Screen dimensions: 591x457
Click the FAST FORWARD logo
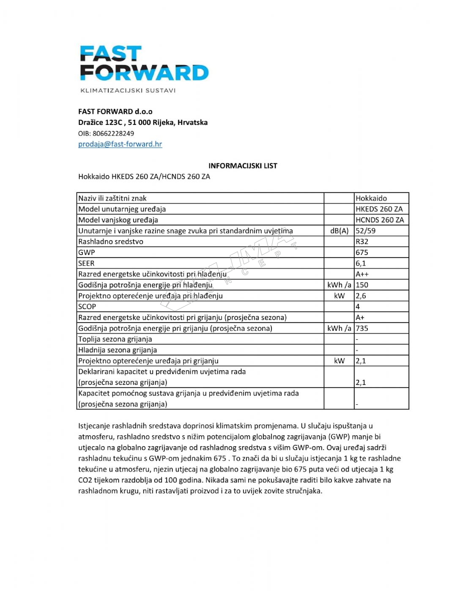[144, 63]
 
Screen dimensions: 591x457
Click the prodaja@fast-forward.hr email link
[120, 144]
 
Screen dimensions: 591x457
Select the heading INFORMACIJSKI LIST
[243, 166]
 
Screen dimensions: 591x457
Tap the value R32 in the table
[362, 242]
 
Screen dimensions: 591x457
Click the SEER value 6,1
[361, 263]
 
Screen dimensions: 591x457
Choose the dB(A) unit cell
[339, 231]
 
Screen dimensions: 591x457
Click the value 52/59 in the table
[366, 231]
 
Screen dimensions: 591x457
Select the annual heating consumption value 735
[362, 328]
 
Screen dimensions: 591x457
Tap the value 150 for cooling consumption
[362, 285]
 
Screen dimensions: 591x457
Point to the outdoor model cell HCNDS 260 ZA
[380, 220]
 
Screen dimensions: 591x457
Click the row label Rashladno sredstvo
[111, 242]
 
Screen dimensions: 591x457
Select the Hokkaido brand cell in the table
[371, 198]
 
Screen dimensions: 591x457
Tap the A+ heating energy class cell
[360, 317]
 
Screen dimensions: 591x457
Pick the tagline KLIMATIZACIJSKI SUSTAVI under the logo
[128, 90]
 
